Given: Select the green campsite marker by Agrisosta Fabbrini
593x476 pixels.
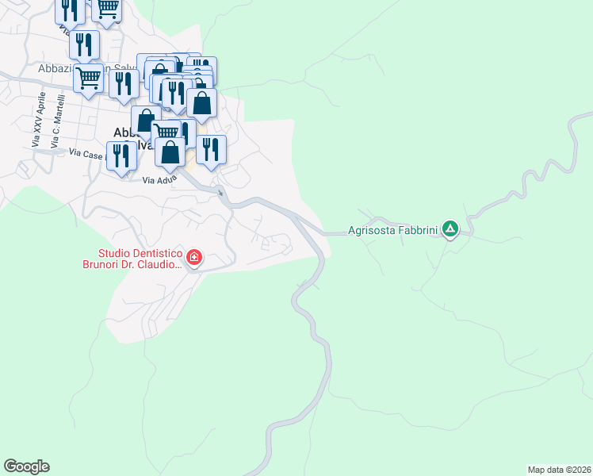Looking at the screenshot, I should (450, 230).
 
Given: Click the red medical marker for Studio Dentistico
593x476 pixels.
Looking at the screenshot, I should (194, 257).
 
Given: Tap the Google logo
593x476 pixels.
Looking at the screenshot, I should (26, 466).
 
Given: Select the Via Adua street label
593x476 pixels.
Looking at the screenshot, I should (159, 181).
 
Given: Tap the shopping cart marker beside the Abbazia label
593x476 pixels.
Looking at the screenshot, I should (88, 79).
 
